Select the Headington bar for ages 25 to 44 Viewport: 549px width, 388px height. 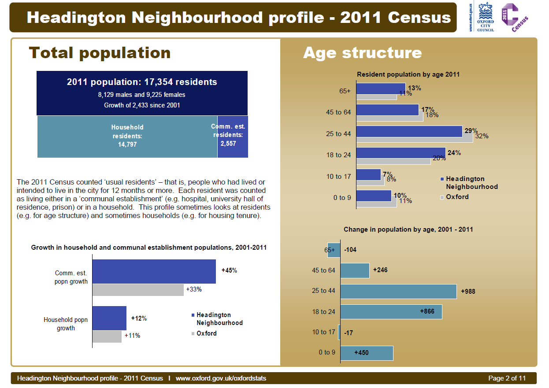409,131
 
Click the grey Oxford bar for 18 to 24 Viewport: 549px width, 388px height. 393,161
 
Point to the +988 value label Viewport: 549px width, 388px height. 468,292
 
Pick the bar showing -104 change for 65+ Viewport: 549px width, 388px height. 334,250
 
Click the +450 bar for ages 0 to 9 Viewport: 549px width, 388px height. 367,353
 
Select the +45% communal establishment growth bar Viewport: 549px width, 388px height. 154,271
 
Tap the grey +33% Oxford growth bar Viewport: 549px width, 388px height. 138,290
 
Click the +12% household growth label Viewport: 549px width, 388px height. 139,318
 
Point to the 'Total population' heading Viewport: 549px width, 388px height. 100,53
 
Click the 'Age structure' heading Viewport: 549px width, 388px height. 362,53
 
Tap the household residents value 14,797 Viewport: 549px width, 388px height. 127,144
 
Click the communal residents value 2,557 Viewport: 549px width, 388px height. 228,144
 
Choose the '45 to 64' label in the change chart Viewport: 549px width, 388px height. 323,270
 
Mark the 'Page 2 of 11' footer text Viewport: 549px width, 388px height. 507,378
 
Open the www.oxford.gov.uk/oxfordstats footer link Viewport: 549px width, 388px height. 221,378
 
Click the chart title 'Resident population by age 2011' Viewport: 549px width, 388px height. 408,74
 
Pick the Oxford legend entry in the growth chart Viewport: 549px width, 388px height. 206,333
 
